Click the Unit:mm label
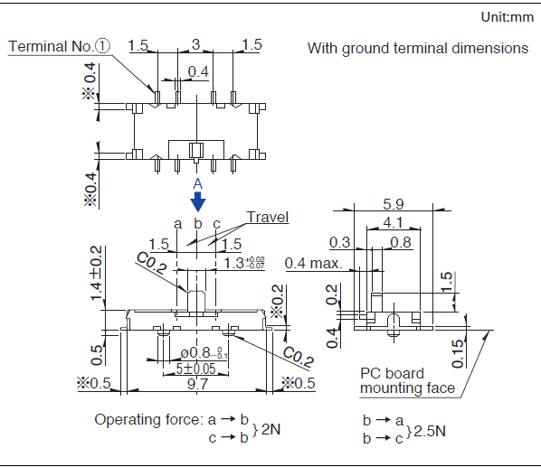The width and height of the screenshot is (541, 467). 508,17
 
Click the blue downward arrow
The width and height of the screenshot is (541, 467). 198,201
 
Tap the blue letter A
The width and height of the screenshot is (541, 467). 198,183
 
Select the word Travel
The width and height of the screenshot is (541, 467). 268,217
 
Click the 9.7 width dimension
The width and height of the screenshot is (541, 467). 197,383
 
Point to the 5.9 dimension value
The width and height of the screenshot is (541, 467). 394,204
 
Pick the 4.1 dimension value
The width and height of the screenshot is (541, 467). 393,222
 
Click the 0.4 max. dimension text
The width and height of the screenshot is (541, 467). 314,264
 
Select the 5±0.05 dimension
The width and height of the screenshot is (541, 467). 195,369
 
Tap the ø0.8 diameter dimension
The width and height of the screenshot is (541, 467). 204,352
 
